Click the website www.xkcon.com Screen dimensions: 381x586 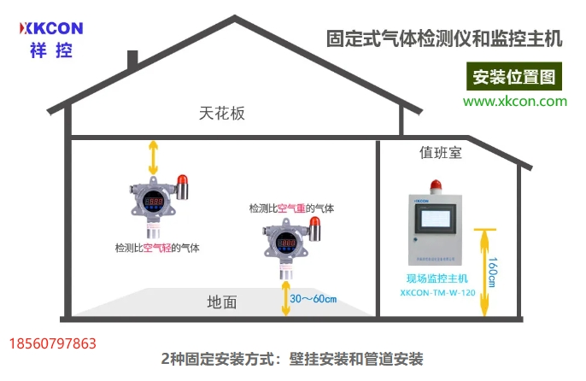click(515, 101)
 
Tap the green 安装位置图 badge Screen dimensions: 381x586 click(513, 77)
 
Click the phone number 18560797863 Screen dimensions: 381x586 click(52, 344)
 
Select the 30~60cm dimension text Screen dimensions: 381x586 click(314, 299)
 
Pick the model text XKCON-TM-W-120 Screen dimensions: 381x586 click(437, 291)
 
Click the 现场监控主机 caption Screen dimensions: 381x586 click(437, 278)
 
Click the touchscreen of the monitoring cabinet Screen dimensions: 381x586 click(437, 220)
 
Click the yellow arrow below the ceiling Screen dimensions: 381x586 click(154, 157)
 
